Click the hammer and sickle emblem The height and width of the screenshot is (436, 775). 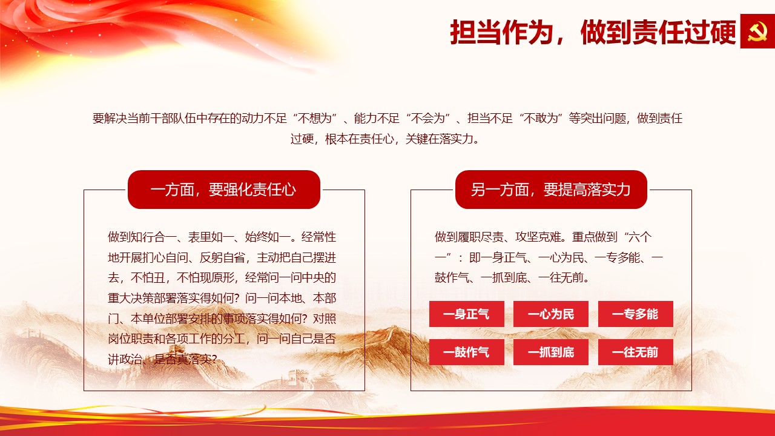pos(757,31)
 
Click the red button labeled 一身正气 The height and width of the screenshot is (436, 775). pos(466,314)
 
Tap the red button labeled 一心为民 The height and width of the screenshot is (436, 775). pos(551,314)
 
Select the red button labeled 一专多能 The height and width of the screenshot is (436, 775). pos(636,314)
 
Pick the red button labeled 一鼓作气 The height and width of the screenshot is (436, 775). pos(466,352)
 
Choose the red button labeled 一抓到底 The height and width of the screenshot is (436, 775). pos(551,352)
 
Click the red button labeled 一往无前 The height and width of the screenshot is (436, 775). pos(636,352)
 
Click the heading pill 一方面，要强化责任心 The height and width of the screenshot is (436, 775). pos(224,190)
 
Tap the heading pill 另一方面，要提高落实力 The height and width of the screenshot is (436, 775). pos(551,190)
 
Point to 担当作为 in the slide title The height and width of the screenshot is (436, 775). pos(501,32)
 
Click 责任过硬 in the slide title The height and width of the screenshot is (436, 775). pos(684,32)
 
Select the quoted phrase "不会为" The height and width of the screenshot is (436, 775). pos(428,118)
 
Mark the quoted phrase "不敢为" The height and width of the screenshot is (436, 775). pos(541,118)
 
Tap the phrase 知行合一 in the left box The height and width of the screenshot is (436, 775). pos(154,237)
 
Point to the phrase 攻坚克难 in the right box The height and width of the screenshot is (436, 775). pos(538,237)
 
